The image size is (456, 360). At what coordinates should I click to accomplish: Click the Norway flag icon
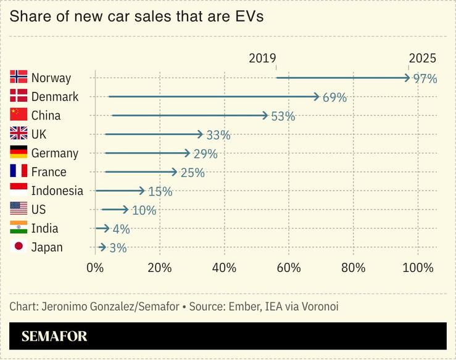click(x=19, y=77)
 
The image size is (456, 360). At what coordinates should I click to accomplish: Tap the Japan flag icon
click(x=19, y=247)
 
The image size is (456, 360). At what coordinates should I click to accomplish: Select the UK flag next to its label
click(x=19, y=134)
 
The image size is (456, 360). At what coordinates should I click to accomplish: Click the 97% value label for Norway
click(x=425, y=78)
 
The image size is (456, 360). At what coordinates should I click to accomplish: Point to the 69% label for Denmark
click(x=334, y=97)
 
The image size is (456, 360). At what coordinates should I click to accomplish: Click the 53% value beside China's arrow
click(x=283, y=116)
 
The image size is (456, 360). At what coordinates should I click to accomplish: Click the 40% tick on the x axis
click(x=224, y=268)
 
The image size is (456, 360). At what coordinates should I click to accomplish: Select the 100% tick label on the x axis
click(x=418, y=268)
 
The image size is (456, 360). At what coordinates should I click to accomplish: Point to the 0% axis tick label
click(x=95, y=268)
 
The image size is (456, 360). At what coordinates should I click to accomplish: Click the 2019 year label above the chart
click(x=262, y=59)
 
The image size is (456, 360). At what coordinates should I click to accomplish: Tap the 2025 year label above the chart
click(x=422, y=59)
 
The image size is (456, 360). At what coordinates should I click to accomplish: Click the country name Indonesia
click(x=57, y=190)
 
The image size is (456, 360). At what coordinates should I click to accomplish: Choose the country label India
click(x=44, y=228)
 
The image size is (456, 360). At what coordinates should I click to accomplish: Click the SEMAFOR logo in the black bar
click(x=54, y=337)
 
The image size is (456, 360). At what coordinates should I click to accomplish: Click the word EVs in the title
click(x=247, y=17)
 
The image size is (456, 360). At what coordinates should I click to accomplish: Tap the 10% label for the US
click(x=144, y=210)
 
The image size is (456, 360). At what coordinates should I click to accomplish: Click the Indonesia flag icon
click(x=19, y=190)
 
